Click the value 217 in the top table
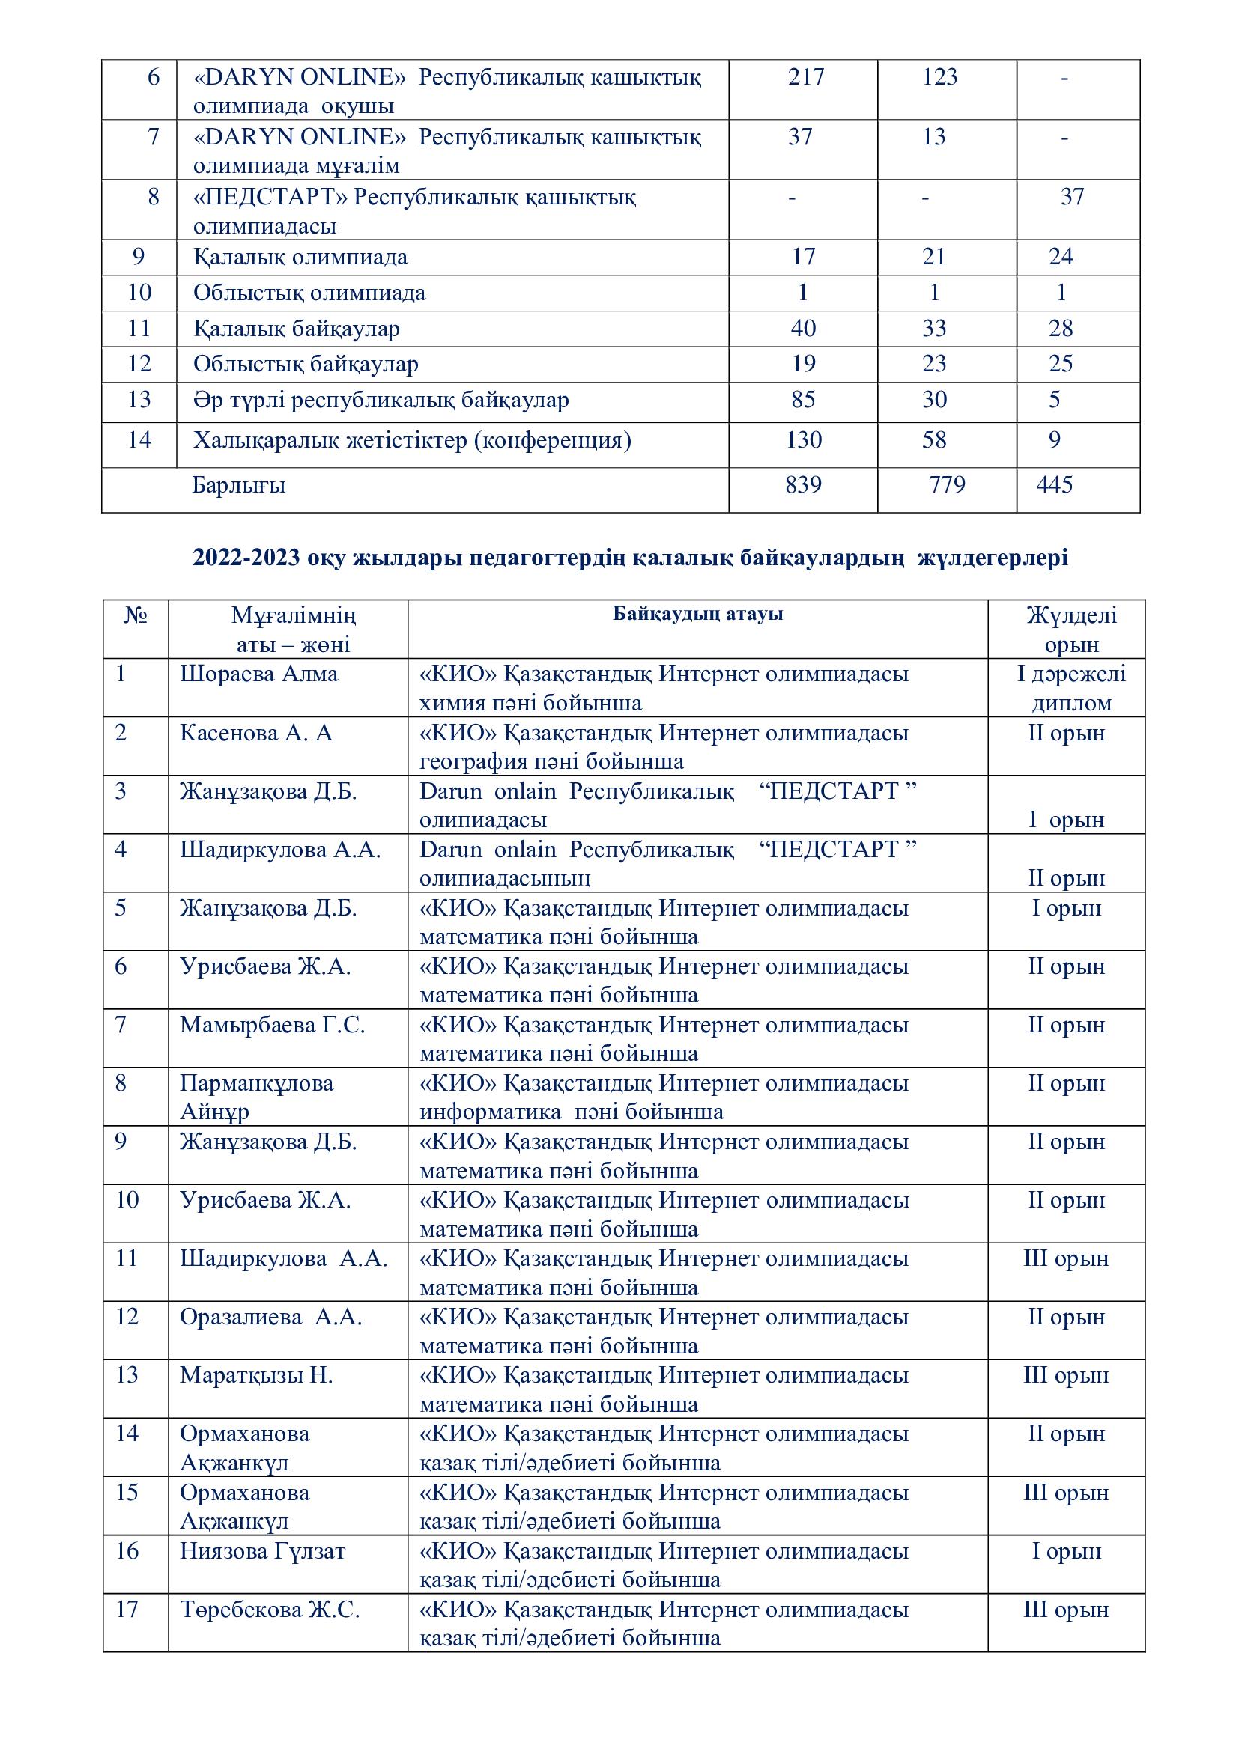[806, 77]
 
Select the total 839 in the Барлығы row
[802, 485]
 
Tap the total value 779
[947, 485]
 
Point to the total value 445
[1055, 485]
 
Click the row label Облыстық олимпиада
[309, 293]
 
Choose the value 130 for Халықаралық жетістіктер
[803, 440]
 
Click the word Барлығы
[239, 485]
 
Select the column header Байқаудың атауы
[697, 614]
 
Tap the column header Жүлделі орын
[1070, 629]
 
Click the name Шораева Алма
[258, 674]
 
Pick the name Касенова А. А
[256, 733]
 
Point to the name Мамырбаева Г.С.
[273, 1025]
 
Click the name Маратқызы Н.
[256, 1376]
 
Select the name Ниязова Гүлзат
[262, 1551]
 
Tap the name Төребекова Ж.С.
[270, 1610]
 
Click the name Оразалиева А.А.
[271, 1317]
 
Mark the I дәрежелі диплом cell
[1070, 688]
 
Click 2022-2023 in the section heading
[246, 558]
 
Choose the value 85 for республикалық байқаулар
[802, 400]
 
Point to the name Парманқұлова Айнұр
[256, 1097]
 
